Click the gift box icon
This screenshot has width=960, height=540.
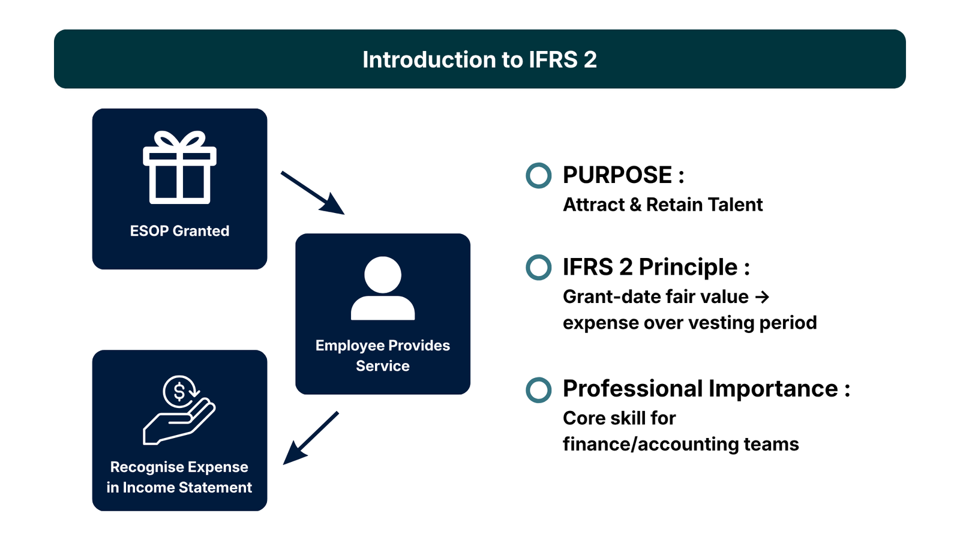tap(179, 167)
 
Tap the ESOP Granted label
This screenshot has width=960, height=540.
tap(179, 231)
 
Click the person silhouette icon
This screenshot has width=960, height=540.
tap(383, 289)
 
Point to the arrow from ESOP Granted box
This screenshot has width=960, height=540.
tap(312, 193)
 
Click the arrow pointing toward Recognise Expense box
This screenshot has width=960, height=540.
tap(311, 438)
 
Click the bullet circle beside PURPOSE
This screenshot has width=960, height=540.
tap(538, 176)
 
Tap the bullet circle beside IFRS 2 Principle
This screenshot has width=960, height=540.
tap(538, 268)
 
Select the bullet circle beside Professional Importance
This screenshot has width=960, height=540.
tap(538, 389)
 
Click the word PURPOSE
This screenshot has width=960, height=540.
tap(617, 175)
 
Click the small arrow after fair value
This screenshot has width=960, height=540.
tap(762, 297)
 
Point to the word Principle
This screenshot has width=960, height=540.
tap(688, 267)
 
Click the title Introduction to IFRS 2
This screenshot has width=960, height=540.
tap(479, 59)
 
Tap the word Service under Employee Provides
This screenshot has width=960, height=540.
tap(383, 366)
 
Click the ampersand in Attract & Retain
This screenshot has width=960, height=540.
tap(635, 205)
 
